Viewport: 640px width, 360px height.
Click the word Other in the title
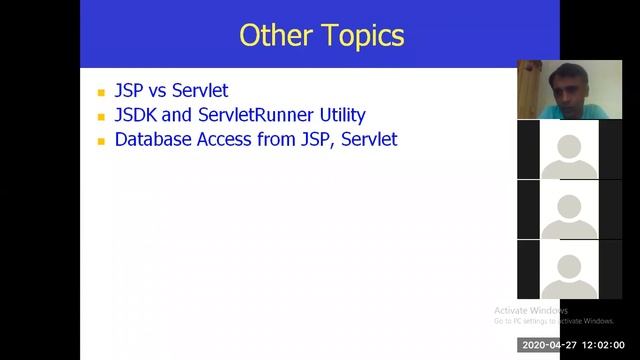point(277,36)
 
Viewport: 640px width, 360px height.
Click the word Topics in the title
point(363,36)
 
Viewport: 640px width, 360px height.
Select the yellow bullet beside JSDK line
point(101,116)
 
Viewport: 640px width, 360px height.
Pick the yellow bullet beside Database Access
point(101,141)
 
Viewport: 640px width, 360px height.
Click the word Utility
point(338,115)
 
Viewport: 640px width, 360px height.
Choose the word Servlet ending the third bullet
point(369,139)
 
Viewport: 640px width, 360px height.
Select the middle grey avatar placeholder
point(569,211)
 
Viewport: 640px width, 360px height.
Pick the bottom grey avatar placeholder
point(569,270)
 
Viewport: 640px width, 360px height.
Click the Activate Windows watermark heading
point(531,310)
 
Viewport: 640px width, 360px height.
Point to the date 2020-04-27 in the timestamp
point(549,345)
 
